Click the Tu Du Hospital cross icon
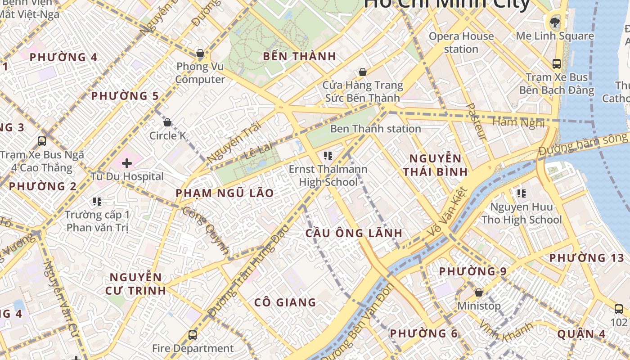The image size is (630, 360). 127,163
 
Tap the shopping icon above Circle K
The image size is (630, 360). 167,122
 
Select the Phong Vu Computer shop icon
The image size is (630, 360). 200,54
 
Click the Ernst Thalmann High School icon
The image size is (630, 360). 328,156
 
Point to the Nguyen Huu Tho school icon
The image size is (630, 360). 522,193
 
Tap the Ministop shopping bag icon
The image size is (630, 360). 479,292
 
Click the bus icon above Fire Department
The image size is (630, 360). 193,335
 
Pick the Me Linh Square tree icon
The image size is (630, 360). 555,22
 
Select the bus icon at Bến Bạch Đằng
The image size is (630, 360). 557,63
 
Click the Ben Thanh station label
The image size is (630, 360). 375,129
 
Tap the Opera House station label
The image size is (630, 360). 461,42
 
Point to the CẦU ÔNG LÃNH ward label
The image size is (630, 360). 354,233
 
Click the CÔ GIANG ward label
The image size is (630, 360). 285,302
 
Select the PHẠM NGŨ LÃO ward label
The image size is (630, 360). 225,193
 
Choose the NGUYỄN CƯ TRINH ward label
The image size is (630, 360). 135,283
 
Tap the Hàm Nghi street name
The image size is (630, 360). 518,122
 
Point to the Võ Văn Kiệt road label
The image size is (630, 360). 447,211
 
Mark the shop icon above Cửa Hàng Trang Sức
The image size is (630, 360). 362,72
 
